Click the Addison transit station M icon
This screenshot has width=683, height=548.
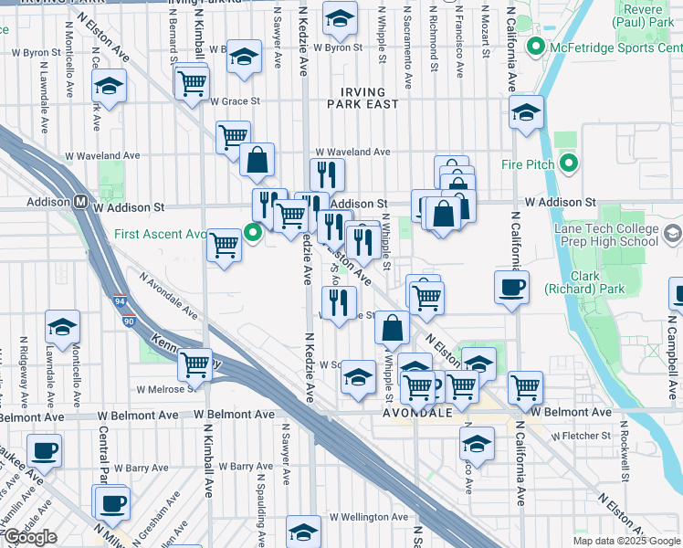[x=80, y=201]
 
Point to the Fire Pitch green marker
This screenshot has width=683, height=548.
[x=569, y=165]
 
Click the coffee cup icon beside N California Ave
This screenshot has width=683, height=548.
[x=510, y=287]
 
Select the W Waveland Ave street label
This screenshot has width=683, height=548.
[x=352, y=152]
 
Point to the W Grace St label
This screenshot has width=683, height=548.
[x=236, y=101]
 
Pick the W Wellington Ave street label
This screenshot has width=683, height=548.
[x=369, y=517]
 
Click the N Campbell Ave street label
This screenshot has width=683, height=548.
[x=674, y=348]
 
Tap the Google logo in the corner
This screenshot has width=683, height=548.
[x=30, y=537]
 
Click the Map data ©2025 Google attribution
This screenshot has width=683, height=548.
[x=626, y=541]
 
